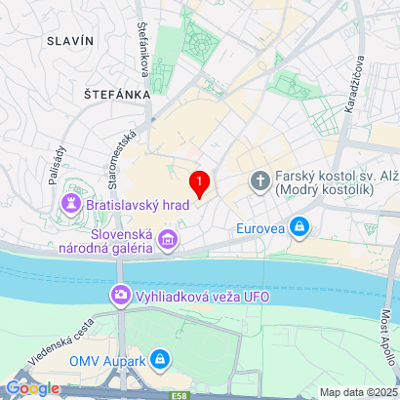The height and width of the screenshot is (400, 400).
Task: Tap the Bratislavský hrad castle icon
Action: click(x=71, y=204)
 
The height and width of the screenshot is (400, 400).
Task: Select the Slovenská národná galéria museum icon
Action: click(x=169, y=238)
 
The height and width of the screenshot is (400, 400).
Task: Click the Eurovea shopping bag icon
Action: click(x=300, y=228)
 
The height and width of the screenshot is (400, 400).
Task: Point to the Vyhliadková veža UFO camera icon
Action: click(x=121, y=293)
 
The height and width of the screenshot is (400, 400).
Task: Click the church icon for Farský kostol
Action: click(x=260, y=180)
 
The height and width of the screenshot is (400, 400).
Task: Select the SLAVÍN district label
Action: click(x=69, y=40)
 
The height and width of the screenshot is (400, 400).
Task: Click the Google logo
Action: click(x=32, y=387)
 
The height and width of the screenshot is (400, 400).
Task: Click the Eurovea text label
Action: click(x=262, y=229)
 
